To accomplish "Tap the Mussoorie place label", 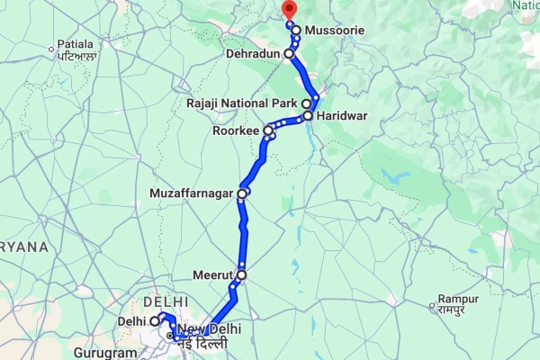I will [335, 31].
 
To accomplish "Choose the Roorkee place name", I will [237, 131].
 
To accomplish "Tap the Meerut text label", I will [213, 275].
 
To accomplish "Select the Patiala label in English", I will [76, 43].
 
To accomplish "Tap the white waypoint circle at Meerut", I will [241, 275].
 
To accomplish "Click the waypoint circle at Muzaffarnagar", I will [242, 193].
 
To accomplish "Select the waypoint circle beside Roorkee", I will [268, 131].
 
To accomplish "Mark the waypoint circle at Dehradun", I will [289, 54].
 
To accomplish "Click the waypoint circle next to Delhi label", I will [155, 320].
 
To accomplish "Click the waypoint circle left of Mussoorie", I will [296, 31].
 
